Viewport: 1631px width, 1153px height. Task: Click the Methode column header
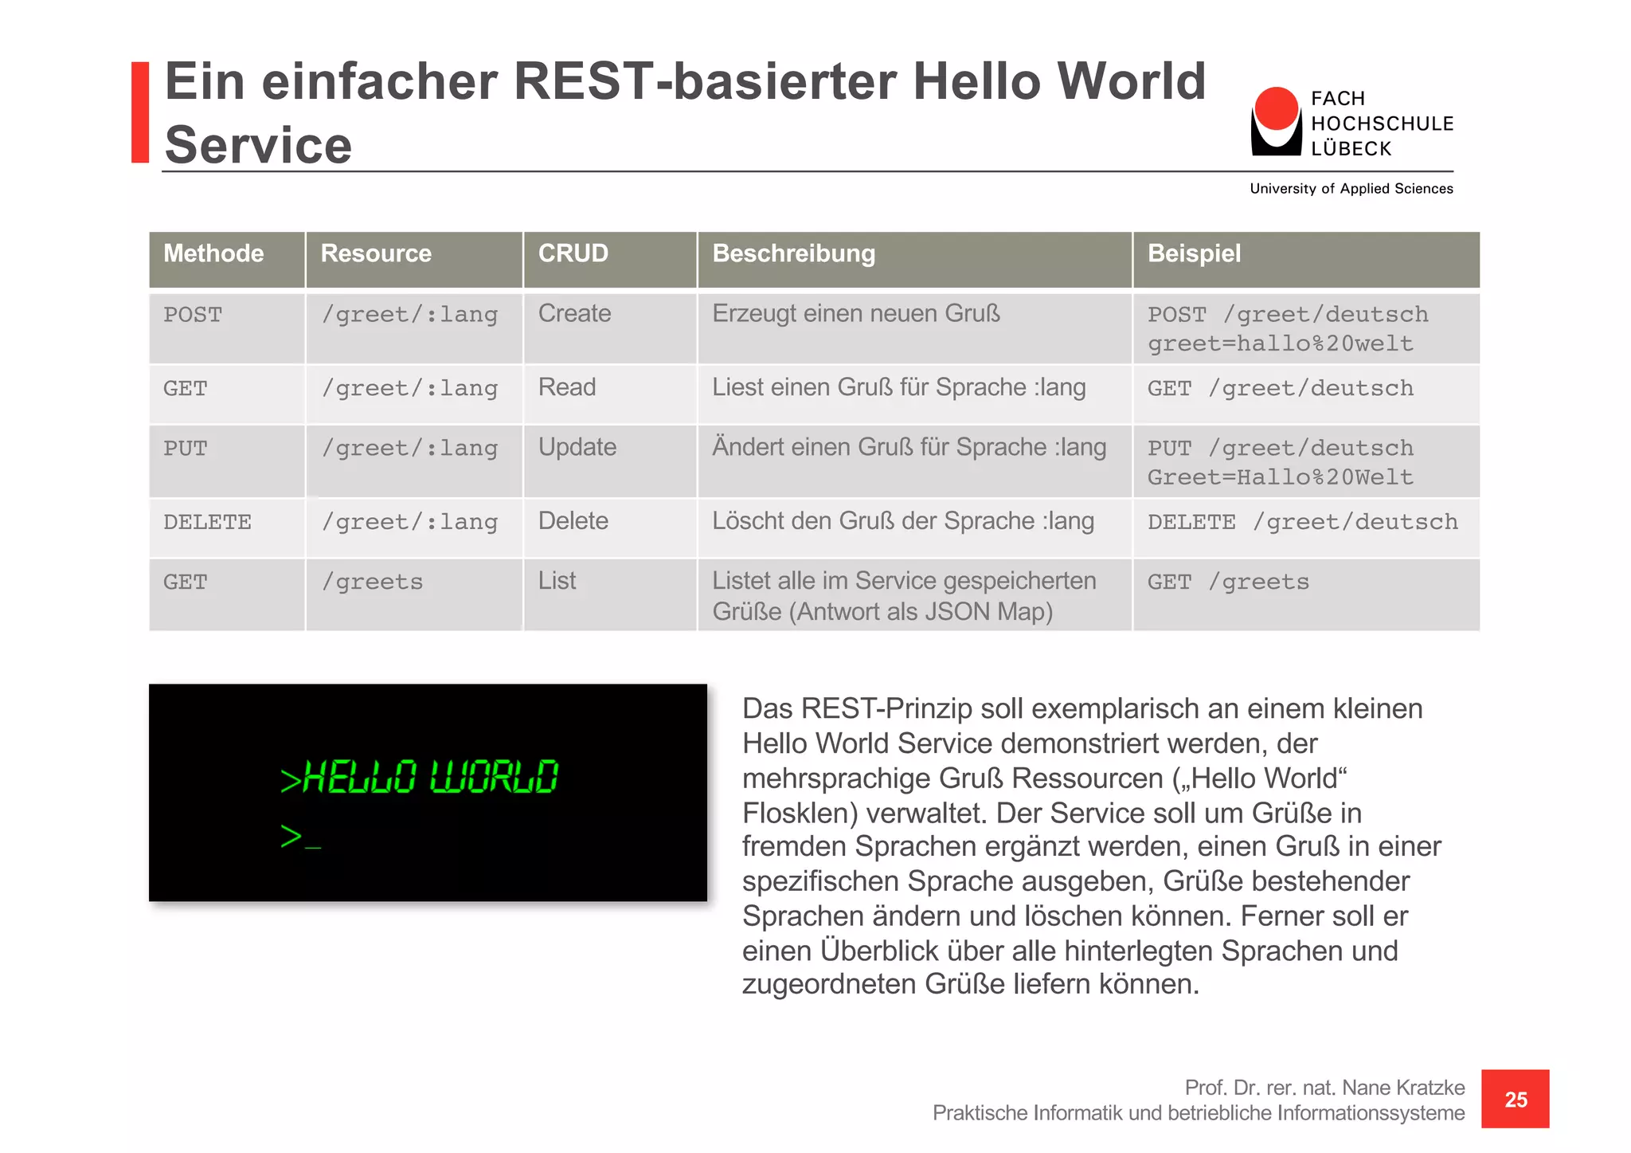(213, 254)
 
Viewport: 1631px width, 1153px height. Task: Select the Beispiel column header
(1194, 254)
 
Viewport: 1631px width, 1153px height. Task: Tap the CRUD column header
(573, 254)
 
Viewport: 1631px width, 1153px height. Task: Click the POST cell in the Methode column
(193, 315)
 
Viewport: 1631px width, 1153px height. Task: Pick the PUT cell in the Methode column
(185, 449)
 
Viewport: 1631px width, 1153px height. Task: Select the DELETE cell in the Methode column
(207, 523)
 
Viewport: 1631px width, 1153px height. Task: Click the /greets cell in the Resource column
(372, 582)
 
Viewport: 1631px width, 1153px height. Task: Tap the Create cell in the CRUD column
(574, 314)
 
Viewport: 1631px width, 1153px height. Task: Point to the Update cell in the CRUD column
(577, 448)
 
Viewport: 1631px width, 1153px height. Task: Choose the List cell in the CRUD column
(557, 581)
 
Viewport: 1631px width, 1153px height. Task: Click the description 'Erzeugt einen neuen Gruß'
(855, 314)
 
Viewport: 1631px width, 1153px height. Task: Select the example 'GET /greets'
(1227, 582)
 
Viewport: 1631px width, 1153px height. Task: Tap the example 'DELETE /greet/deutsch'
(1302, 523)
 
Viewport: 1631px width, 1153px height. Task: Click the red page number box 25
(1515, 1099)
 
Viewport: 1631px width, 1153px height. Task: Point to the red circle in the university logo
(1276, 108)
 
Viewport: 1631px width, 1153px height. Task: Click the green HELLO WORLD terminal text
(420, 777)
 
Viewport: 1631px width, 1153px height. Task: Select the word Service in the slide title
(258, 145)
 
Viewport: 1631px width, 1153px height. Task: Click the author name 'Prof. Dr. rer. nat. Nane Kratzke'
(1324, 1088)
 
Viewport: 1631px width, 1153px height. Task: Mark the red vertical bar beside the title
(140, 112)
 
